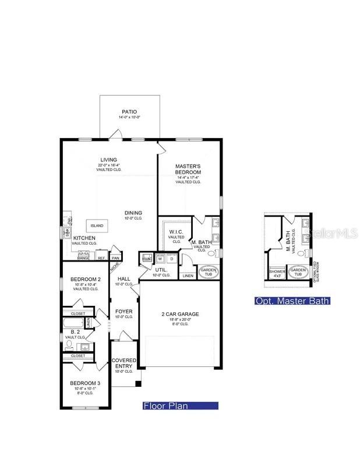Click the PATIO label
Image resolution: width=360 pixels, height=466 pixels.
(x=129, y=112)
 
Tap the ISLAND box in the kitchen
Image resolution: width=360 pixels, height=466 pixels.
(x=97, y=225)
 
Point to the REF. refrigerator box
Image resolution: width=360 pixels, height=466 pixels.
(x=101, y=257)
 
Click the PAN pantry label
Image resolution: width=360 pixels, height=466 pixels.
(x=116, y=257)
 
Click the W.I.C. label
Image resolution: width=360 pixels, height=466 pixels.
(x=177, y=232)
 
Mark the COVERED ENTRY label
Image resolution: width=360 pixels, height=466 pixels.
(x=123, y=363)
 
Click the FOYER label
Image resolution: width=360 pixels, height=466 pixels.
(x=123, y=312)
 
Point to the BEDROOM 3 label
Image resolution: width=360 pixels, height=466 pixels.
(x=86, y=383)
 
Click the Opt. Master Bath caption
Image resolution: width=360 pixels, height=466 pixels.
(x=292, y=301)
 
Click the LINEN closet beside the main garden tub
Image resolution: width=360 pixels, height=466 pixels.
(x=188, y=275)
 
